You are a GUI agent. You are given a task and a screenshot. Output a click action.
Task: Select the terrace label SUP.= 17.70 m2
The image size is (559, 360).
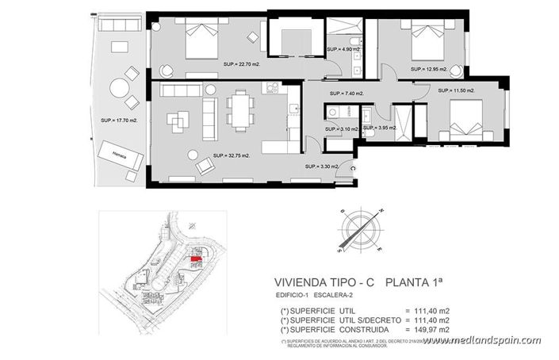(x=118, y=121)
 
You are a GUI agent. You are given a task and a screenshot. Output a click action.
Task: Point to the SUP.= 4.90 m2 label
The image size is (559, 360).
(x=345, y=49)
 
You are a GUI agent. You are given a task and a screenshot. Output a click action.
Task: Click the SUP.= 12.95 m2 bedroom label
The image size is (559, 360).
(x=429, y=69)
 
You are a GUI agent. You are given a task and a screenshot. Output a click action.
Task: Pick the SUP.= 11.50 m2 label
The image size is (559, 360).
(x=457, y=91)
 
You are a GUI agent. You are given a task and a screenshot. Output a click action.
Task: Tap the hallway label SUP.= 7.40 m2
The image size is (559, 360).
(x=345, y=94)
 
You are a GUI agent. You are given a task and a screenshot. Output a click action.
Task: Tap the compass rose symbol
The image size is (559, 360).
(x=360, y=231)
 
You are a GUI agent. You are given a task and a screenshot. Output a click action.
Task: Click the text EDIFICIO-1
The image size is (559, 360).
(x=293, y=296)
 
